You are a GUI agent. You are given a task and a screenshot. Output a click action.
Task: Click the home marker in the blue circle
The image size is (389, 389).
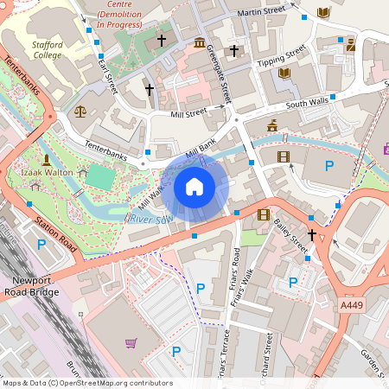coord(194,186)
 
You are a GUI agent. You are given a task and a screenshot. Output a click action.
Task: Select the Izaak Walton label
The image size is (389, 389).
coord(46,173)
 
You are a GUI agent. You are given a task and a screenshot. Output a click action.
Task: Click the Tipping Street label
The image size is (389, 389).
coord(282,57)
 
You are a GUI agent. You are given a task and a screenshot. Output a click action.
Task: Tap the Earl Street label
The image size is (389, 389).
coord(106,73)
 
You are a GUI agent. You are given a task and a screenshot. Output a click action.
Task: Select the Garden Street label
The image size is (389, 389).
coord(373,363)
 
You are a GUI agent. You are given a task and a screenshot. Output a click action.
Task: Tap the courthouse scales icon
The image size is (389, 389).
coord(80,111)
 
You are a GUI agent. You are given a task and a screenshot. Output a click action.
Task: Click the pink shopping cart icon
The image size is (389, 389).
coord(131,342)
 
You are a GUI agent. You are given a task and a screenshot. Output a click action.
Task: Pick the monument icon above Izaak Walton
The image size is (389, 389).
coord(45,159)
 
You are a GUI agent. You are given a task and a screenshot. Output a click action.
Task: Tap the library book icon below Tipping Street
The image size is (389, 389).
coord(284,73)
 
